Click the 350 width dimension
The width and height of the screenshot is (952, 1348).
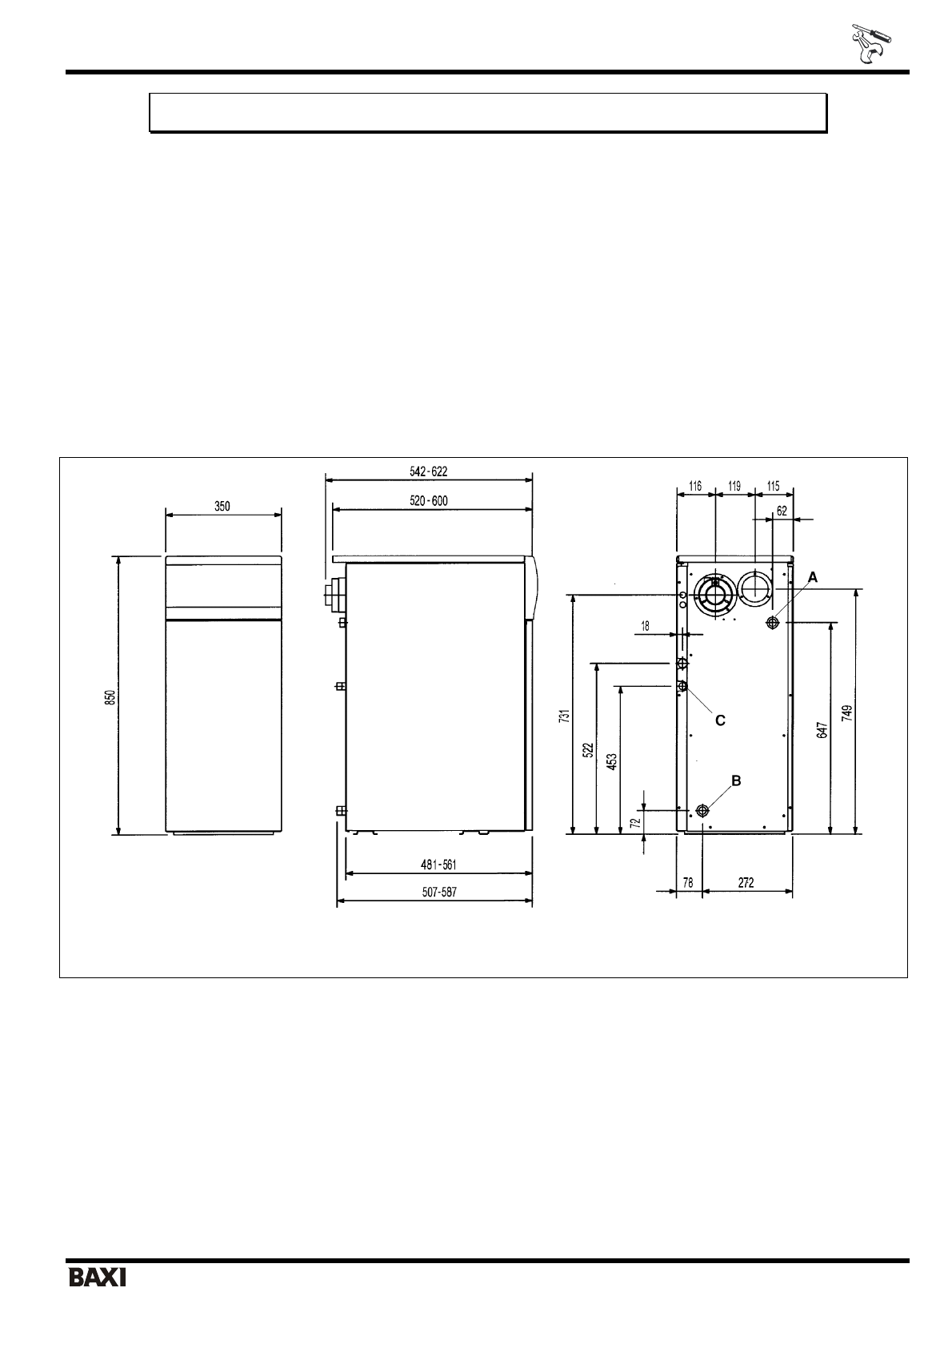click(x=222, y=506)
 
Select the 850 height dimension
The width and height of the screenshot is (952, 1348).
click(x=110, y=697)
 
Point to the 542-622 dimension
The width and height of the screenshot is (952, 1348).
click(x=428, y=471)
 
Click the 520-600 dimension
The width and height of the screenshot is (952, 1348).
click(x=428, y=500)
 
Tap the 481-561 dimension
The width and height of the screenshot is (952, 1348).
click(x=438, y=865)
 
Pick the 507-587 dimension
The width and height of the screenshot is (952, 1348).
click(x=439, y=892)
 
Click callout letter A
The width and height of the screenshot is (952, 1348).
click(x=813, y=578)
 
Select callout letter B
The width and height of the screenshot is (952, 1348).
click(x=735, y=780)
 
